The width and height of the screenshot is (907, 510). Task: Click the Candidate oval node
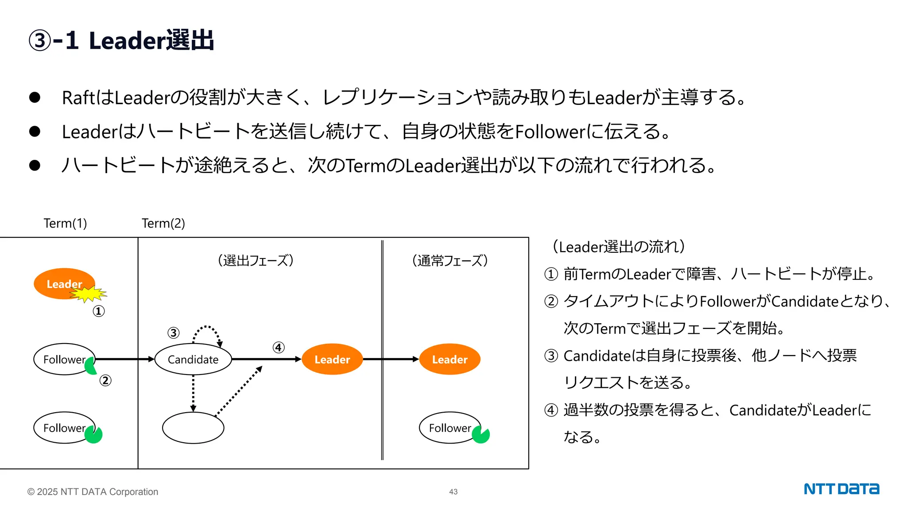pos(193,359)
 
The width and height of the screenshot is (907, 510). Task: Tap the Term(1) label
pos(65,223)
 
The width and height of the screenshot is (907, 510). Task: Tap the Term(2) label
pos(163,223)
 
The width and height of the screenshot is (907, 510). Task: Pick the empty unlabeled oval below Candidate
pos(193,428)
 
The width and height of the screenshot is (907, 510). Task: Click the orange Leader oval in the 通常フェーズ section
pos(450,359)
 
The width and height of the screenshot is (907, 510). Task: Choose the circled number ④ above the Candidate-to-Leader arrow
pos(279,348)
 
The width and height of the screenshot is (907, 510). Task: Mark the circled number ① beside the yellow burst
pos(99,311)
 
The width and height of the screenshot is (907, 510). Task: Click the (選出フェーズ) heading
pos(256,260)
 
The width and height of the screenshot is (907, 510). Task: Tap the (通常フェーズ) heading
pos(450,260)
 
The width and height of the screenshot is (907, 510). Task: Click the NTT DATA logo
pos(841,489)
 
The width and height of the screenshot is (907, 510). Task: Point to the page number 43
pos(453,491)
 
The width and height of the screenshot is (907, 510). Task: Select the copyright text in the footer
pos(93,491)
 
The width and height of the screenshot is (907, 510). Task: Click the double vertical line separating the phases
pos(382,350)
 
